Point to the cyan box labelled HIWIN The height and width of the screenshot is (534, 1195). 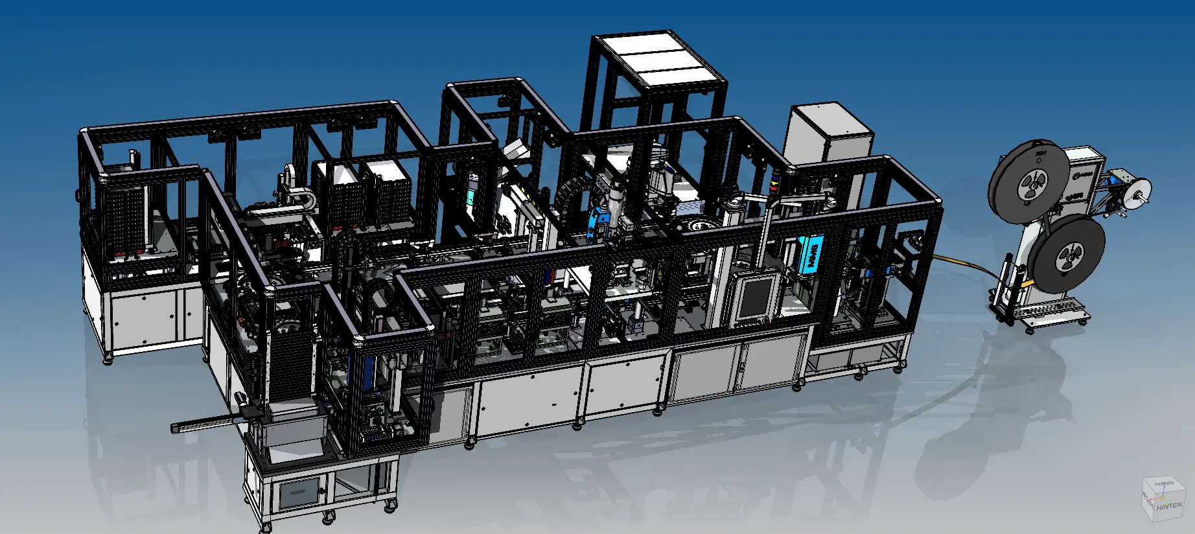point(811,255)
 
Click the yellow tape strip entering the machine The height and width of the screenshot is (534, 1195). point(959,262)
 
